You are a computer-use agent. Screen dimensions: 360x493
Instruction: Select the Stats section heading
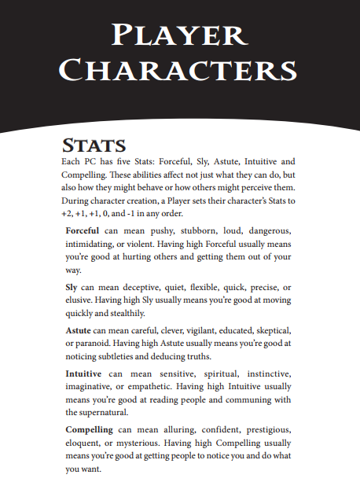click(x=94, y=145)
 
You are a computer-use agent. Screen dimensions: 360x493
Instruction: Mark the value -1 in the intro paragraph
click(x=149, y=215)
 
